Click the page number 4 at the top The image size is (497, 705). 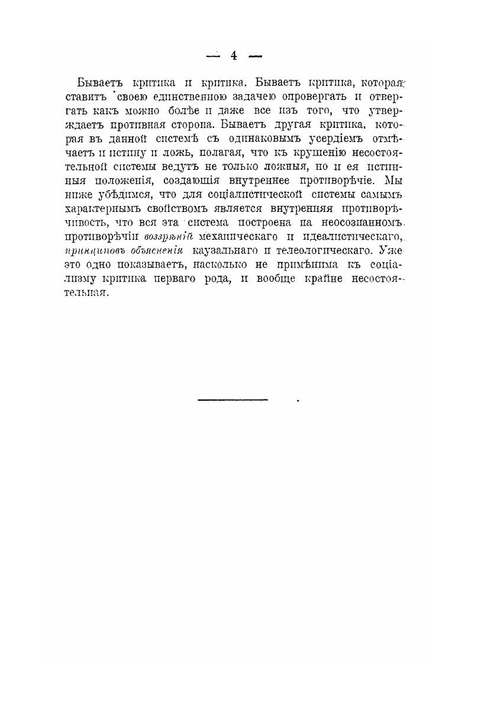(234, 56)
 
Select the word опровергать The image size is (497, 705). (331, 95)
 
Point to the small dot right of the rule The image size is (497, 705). (298, 401)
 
